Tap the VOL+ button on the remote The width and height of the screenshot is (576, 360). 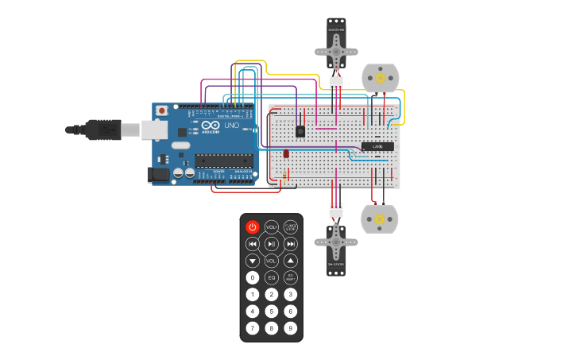point(272,227)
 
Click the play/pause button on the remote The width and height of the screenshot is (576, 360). point(272,244)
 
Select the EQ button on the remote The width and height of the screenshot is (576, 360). point(272,277)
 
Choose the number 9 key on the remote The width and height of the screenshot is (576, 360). point(291,327)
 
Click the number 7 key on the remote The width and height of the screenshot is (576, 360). point(253,327)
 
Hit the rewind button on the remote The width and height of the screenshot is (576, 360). point(253,244)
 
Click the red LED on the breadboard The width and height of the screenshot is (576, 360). point(286,153)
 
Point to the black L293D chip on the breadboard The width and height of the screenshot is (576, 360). point(377,146)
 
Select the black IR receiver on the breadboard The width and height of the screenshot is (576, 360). point(300,131)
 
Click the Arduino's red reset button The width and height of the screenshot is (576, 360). point(162,110)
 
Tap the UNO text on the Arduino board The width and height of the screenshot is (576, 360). point(232,126)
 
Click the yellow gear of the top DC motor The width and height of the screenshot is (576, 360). point(380,78)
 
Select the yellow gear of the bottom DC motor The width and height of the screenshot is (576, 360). point(380,219)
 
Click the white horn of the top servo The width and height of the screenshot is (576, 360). point(336,52)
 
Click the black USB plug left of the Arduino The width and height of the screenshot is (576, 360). point(103,129)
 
